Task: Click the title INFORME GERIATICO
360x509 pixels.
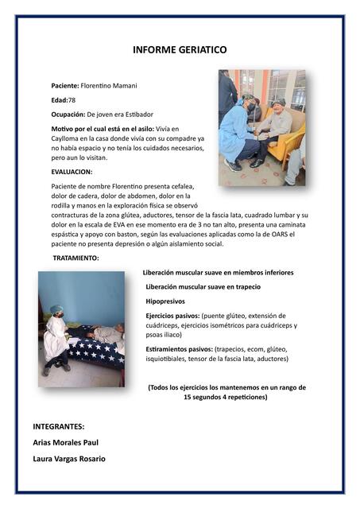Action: [180, 50]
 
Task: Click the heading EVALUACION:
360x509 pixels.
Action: [72, 171]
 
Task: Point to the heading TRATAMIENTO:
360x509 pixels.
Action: [76, 259]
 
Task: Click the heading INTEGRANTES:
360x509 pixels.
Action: [59, 426]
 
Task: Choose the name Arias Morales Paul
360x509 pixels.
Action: [66, 442]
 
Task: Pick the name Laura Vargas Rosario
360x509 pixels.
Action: [69, 459]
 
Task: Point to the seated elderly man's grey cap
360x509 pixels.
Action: [277, 102]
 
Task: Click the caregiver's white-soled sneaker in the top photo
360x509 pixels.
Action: [234, 165]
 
